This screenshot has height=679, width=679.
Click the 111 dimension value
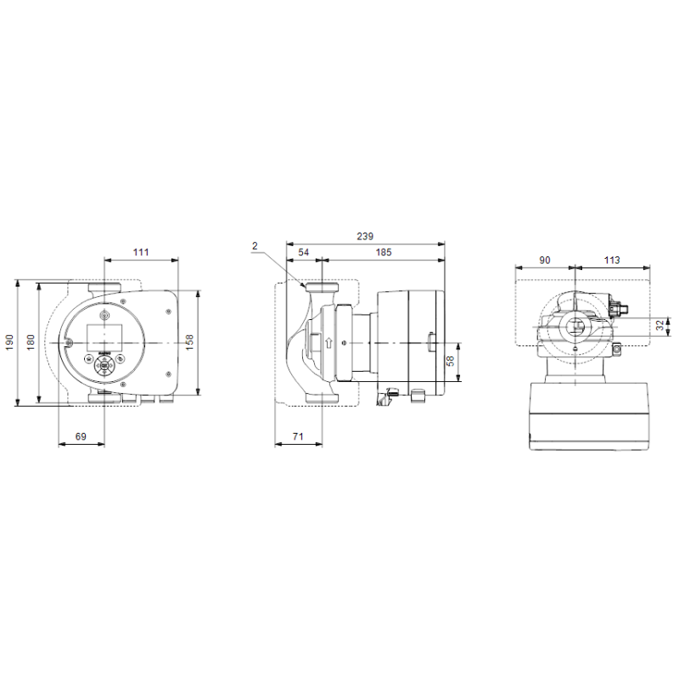point(141,252)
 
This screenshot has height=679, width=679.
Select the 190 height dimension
point(9,342)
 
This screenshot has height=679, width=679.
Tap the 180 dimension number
point(31,342)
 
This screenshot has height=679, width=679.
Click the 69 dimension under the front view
point(81,436)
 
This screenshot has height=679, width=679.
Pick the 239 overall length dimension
point(365,236)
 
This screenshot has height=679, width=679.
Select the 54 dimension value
point(304,252)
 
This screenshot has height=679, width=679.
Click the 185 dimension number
point(384,252)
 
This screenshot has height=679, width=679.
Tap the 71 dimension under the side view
point(298,436)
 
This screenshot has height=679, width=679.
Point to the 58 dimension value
point(451,361)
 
